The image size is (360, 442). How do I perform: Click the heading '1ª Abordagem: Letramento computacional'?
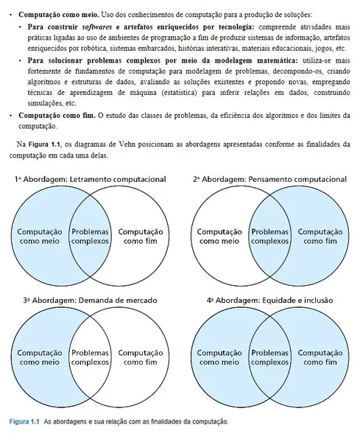point(90,179)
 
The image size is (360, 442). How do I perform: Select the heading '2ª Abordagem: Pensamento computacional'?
point(269,179)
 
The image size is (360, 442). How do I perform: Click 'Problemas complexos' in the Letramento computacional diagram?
point(90,236)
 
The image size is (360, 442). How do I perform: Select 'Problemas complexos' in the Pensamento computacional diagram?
point(270,236)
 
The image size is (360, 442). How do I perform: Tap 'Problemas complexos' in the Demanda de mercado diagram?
point(90,357)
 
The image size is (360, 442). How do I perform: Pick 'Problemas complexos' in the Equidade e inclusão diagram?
point(270,357)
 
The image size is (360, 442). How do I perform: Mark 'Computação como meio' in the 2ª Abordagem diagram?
point(220,236)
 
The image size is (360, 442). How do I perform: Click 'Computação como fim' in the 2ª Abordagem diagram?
point(322,236)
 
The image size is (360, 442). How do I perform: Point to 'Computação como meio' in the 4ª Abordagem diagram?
point(220,357)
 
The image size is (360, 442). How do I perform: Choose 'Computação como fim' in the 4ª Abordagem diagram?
point(322,357)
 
